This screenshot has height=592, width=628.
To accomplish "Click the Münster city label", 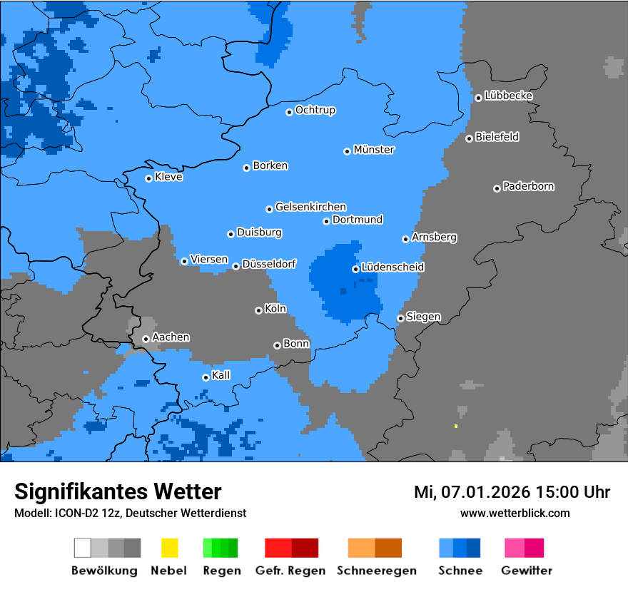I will (374, 150).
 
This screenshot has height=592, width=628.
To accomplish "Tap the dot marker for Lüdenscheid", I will (355, 269).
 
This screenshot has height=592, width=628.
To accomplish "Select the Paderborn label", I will (528, 186).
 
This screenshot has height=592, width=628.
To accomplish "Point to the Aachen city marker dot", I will (146, 339).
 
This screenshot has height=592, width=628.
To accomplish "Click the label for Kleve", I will (168, 177).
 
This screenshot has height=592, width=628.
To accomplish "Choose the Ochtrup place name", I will (315, 110).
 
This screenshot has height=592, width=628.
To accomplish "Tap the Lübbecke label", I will (508, 96).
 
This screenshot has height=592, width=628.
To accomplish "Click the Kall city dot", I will (206, 377).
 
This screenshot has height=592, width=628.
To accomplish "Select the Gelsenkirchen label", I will (310, 207).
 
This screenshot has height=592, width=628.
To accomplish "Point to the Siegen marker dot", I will (400, 318).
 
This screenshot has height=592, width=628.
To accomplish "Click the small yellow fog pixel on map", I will (455, 426).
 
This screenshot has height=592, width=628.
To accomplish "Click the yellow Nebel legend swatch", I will (169, 548).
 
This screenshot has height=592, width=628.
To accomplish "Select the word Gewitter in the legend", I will (526, 571).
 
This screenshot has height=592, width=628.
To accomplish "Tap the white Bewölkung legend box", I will (83, 548).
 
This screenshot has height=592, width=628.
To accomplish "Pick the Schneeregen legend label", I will (375, 571).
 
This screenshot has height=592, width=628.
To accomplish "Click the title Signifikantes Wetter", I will (118, 491).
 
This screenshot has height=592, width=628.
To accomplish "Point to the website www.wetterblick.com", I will (515, 513).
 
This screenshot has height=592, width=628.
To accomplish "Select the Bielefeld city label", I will (497, 136).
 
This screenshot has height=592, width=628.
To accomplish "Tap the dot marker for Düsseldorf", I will (235, 266).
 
